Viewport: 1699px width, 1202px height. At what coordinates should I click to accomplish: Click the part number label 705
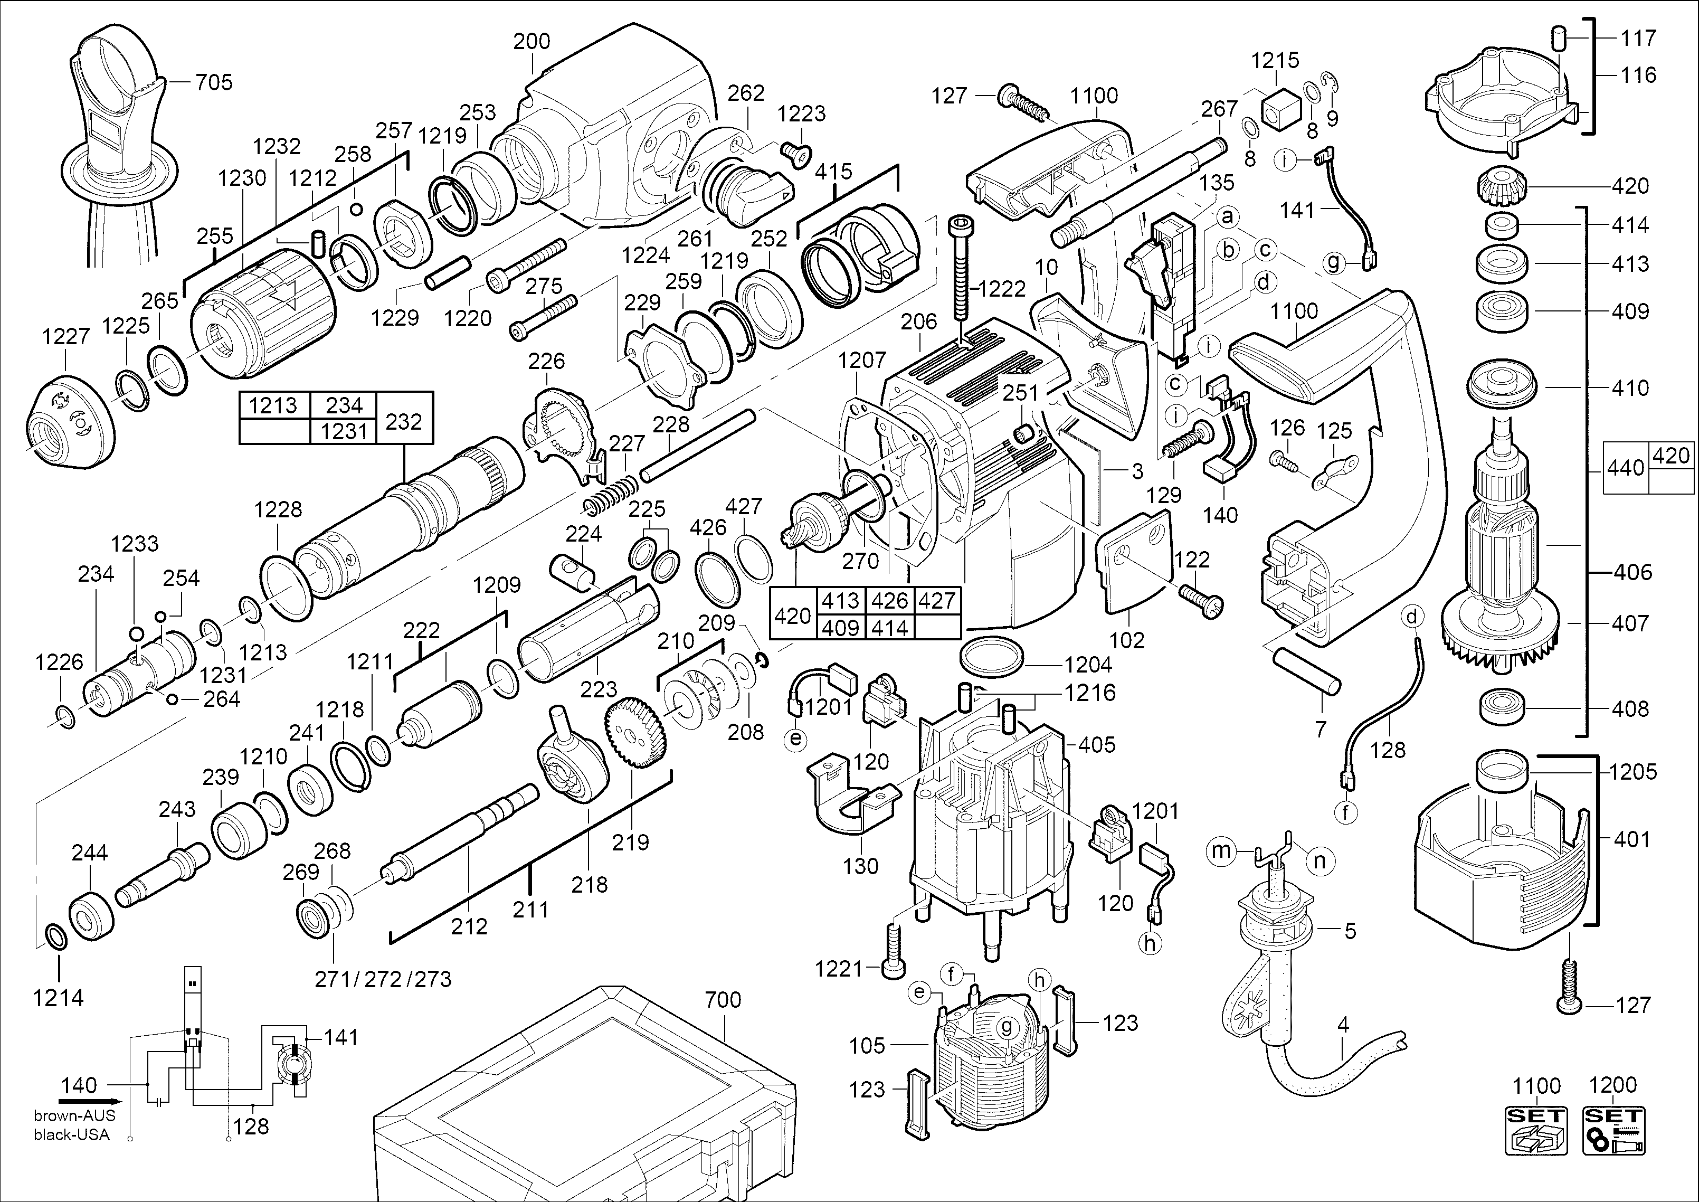pos(214,82)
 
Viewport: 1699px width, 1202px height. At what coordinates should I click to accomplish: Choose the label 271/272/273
pos(383,979)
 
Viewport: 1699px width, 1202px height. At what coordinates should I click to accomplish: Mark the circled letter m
pos(1220,851)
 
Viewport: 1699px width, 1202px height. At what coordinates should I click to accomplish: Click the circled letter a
pos(1228,217)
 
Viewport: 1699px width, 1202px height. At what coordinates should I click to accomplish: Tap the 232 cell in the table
pos(404,421)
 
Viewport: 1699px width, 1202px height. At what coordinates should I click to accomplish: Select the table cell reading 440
pos(1626,468)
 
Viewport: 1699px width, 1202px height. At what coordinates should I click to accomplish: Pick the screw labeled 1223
pos(795,155)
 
